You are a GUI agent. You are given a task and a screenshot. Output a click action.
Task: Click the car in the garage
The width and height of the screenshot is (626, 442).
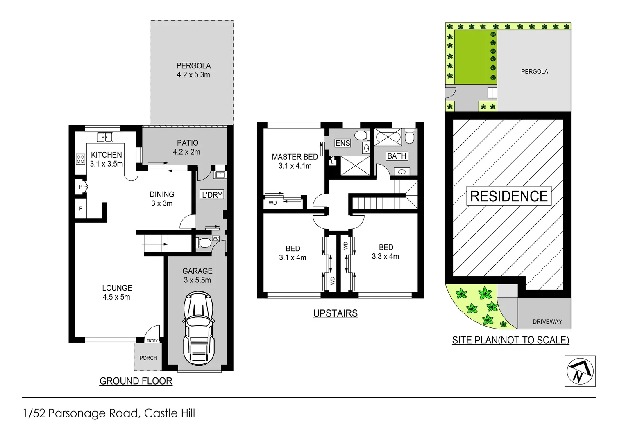pos(198,327)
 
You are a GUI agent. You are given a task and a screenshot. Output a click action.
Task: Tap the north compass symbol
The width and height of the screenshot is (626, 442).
pos(580,371)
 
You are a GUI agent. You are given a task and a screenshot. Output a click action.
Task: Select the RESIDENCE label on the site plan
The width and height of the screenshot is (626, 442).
pos(508,196)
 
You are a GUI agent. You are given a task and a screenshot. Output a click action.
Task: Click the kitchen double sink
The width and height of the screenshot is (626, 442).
pos(105,137)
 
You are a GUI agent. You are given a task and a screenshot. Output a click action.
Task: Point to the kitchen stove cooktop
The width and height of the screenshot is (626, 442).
pos(80,159)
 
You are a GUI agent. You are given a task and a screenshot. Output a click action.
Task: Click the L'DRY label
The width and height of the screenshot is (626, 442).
pos(212,195)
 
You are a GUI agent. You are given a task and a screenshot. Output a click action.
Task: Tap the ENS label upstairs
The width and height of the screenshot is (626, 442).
pos(342,143)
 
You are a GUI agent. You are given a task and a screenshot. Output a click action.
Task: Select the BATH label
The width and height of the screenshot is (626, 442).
pos(397,156)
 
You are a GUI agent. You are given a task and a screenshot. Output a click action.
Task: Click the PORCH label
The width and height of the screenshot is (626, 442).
pos(148,358)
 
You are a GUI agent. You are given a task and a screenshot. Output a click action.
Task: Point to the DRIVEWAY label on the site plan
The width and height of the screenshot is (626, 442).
pos(547,322)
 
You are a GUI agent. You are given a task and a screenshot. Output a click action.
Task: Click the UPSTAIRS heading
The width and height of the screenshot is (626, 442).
pos(335,313)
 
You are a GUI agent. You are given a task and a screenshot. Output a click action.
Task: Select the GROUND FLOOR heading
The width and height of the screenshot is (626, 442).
pos(136,381)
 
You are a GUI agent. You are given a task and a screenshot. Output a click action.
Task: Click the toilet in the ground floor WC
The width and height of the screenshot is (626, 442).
pos(204,243)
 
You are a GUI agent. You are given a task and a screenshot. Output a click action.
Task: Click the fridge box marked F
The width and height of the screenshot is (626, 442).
pos(81,209)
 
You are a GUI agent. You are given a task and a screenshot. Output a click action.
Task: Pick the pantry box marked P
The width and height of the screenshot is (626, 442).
pos(81,187)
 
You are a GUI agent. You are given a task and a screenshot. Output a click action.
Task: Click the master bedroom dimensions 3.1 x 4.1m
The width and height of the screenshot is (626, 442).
pos(295,166)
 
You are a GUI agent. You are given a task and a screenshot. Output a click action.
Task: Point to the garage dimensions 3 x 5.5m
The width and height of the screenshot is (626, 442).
pos(197,280)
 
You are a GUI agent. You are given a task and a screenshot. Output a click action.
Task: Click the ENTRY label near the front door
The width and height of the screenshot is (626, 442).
pos(152,341)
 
